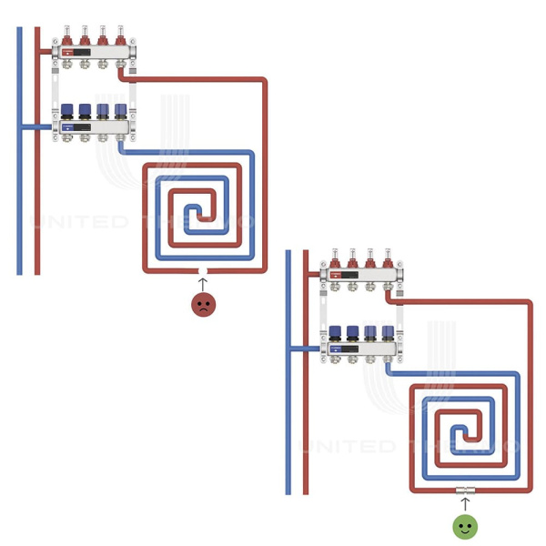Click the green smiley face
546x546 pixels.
pyautogui.click(x=465, y=525)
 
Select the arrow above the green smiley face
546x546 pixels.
pyautogui.click(x=465, y=503)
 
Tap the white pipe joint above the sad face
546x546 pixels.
pyautogui.click(x=203, y=271)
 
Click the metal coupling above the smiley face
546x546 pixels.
pyautogui.click(x=465, y=491)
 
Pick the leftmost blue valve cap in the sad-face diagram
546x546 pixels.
pyautogui.click(x=67, y=110)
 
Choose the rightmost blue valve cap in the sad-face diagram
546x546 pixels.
pyautogui.click(x=120, y=110)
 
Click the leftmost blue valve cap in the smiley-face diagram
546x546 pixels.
pyautogui.click(x=334, y=331)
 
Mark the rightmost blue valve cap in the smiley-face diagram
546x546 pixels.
pyautogui.click(x=388, y=331)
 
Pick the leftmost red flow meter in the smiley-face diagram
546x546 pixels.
pyautogui.click(x=334, y=258)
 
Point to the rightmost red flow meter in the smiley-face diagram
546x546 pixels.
pyautogui.click(x=388, y=258)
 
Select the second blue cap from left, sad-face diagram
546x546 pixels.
pyautogui.click(x=85, y=110)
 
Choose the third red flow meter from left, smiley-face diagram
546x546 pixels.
pyautogui.click(x=369, y=258)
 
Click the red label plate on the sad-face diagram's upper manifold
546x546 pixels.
pyautogui.click(x=70, y=54)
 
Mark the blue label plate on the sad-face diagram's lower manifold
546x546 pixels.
pyautogui.click(x=70, y=128)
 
